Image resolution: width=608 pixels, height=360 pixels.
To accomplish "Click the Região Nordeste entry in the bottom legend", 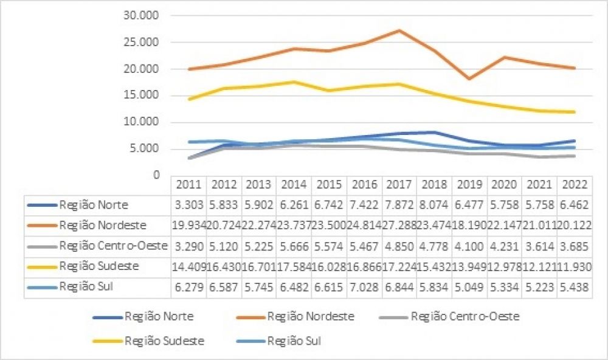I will click(x=310, y=317).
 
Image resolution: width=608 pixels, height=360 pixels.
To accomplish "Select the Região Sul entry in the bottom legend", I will click(x=294, y=341).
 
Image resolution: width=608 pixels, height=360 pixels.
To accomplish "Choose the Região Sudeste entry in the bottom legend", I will click(x=164, y=341).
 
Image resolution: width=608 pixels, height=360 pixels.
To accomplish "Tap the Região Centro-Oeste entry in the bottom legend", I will click(x=465, y=317).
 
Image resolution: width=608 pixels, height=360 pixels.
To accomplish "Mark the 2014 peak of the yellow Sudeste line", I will click(x=294, y=81).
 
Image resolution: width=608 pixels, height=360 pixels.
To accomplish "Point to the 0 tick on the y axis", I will click(x=156, y=175).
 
